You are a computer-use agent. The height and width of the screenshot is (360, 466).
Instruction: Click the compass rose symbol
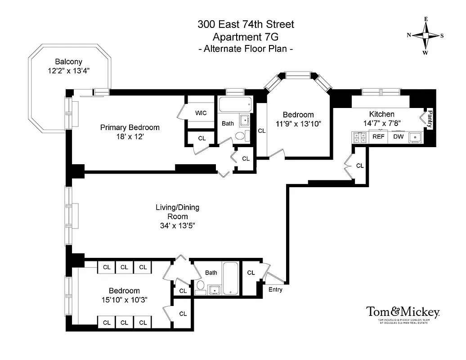pyautogui.click(x=425, y=36)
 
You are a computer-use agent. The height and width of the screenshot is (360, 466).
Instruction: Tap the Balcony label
pyautogui.click(x=68, y=62)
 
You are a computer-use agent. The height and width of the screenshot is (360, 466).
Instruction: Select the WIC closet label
pyautogui.click(x=201, y=113)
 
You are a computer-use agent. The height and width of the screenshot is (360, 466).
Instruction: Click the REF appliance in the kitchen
pyautogui.click(x=378, y=137)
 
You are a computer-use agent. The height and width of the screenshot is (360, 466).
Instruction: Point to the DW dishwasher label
pyautogui.click(x=399, y=137)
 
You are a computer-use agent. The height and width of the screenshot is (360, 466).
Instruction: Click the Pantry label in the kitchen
pyautogui.click(x=430, y=118)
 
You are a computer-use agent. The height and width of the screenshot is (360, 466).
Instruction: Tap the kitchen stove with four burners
pyautogui.click(x=359, y=137)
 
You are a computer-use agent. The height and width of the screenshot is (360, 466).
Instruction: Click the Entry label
pyautogui.click(x=275, y=290)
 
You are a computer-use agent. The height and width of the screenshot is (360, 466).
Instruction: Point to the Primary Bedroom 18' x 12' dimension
pyautogui.click(x=130, y=137)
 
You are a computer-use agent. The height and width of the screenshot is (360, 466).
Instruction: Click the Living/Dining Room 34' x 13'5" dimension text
pyautogui.click(x=177, y=226)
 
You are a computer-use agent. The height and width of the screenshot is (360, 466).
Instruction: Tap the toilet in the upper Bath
pyautogui.click(x=240, y=135)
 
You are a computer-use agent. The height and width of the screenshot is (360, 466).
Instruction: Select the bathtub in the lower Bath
pyautogui.click(x=230, y=278)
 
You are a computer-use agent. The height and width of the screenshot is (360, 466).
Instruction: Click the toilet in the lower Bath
pyautogui.click(x=201, y=286)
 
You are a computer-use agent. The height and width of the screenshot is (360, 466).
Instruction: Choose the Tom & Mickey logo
pyautogui.click(x=403, y=312)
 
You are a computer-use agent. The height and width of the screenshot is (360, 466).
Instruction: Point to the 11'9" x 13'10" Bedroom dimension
pyautogui.click(x=298, y=124)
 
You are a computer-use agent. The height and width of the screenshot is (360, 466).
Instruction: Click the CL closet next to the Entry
pyautogui.click(x=251, y=273)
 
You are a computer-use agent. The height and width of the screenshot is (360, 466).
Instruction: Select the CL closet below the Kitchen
pyautogui.click(x=360, y=166)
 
